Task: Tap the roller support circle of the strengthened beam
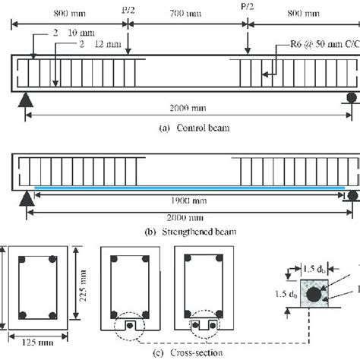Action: [350, 195]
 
